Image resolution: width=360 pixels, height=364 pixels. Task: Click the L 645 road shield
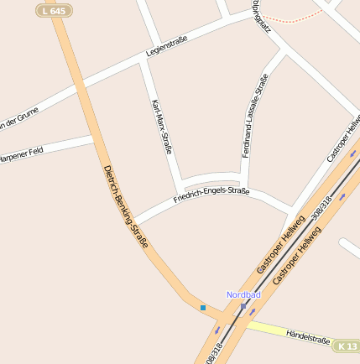point(52,10)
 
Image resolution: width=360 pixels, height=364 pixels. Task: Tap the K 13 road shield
point(347,346)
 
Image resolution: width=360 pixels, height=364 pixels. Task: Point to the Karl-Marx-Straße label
point(161,127)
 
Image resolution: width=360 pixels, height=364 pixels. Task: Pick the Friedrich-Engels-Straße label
point(211,196)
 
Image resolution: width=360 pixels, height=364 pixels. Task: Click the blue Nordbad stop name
point(243,295)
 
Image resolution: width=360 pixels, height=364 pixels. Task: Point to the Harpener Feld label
point(20,155)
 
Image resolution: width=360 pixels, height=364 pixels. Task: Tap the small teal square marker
point(202,308)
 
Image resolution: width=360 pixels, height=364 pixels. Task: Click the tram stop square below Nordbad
point(243,307)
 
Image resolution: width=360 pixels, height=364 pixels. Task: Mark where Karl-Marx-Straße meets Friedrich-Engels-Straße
point(180,185)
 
